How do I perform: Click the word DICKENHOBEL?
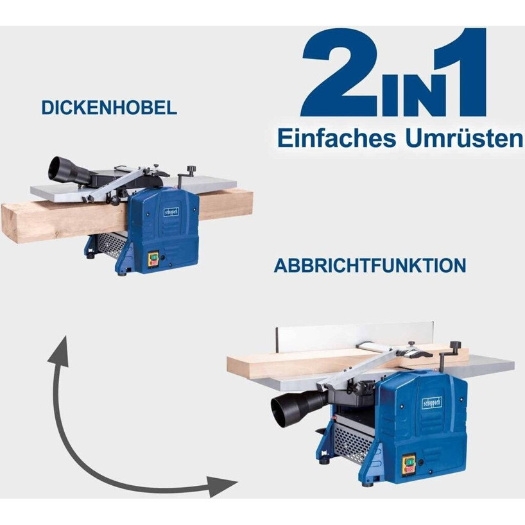coord(109,107)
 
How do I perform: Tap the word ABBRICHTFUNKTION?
coord(370,266)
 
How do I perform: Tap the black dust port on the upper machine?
coord(67,171)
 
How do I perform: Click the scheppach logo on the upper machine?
coord(171,212)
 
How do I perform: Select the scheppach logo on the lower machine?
coord(432,403)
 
